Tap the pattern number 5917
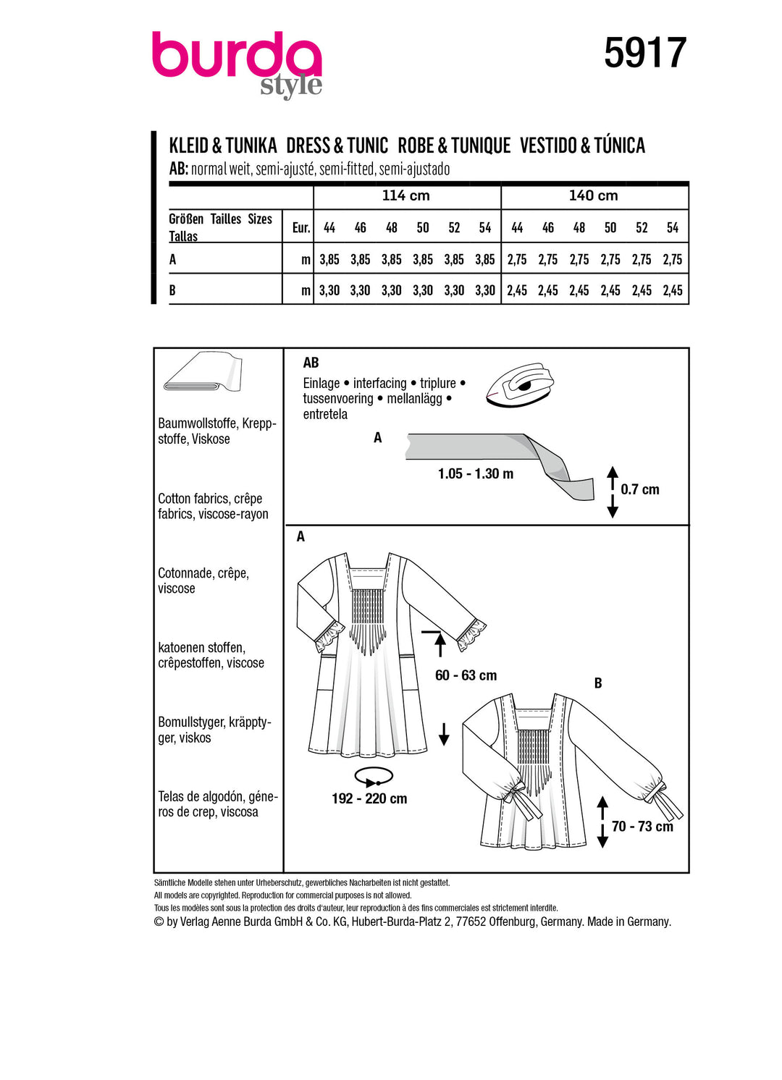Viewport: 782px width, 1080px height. click(644, 53)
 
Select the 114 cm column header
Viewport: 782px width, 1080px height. click(405, 195)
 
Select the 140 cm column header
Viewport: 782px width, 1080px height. click(593, 195)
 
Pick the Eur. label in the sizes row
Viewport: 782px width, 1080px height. click(300, 228)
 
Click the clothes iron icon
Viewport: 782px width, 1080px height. click(519, 383)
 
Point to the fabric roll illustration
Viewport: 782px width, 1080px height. click(203, 372)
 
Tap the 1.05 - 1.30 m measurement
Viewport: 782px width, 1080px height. click(476, 474)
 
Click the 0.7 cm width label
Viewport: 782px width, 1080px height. click(640, 490)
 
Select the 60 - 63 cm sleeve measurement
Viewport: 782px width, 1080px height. click(466, 675)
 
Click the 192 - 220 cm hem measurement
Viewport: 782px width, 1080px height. click(369, 799)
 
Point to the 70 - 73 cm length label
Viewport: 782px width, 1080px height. click(642, 827)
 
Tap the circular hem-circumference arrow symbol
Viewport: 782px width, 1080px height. click(374, 777)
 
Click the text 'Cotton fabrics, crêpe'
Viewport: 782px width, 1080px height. click(210, 499)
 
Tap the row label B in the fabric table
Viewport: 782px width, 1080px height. click(172, 290)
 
